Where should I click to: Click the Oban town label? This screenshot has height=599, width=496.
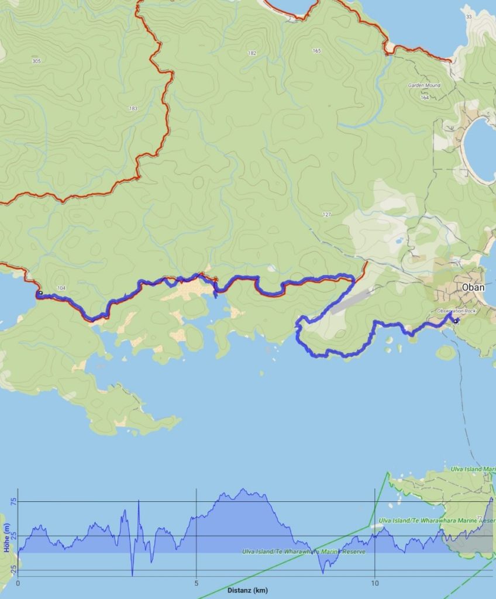[473, 287]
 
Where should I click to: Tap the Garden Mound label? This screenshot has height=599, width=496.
[424, 85]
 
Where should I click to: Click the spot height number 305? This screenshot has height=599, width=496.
[37, 61]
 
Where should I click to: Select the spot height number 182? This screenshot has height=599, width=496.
[252, 53]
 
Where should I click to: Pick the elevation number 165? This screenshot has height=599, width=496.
[316, 51]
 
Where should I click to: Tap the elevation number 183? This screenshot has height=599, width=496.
[133, 109]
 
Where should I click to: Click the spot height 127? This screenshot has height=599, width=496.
[327, 215]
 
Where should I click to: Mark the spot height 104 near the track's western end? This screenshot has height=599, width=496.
[63, 289]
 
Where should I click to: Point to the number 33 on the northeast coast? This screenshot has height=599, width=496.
[469, 16]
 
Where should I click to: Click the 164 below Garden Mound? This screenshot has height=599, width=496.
[425, 98]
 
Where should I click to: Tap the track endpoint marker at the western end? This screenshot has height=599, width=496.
[40, 292]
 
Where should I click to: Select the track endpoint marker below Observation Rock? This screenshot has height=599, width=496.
[456, 321]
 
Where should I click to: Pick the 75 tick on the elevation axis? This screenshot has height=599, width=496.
[13, 501]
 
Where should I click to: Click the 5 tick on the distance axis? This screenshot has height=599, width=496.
[197, 583]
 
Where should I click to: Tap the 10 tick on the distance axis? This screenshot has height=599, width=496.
[375, 583]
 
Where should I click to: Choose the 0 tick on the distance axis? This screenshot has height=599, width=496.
[18, 583]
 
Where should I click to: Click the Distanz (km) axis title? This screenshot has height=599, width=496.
[247, 591]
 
